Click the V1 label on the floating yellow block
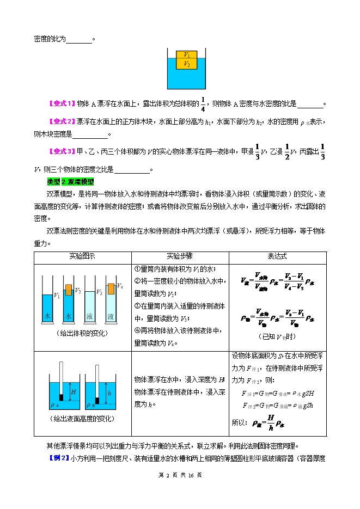tap(187, 55)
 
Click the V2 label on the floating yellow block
tap(187, 64)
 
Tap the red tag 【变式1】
tap(61, 103)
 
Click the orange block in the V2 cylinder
tap(69, 289)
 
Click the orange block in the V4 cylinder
tap(111, 287)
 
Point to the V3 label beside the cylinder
tap(99, 292)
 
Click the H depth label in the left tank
tap(73, 391)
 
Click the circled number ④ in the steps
tap(137, 330)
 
